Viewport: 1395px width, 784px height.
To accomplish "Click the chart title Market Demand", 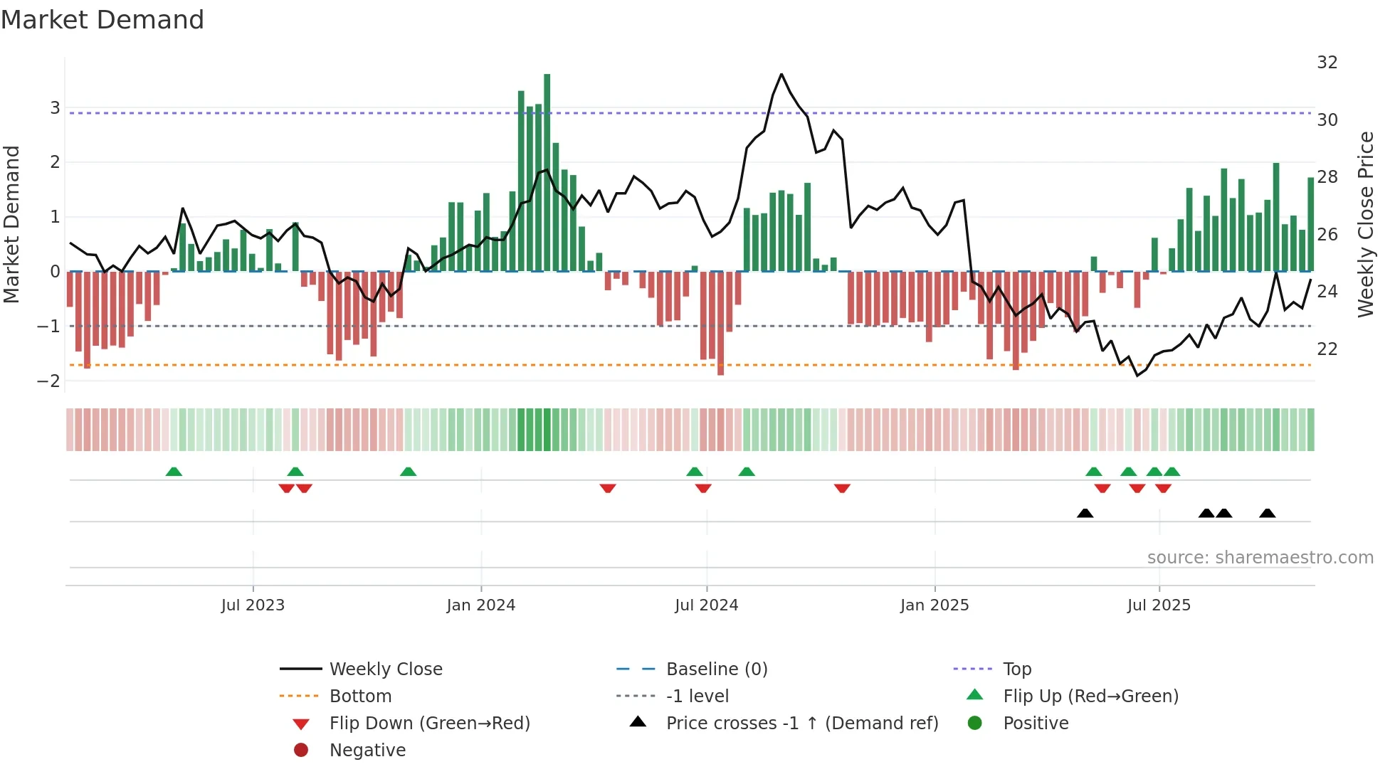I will [102, 20].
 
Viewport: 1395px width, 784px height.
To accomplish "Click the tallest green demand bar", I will [547, 171].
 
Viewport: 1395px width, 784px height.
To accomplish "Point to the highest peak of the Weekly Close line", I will [781, 75].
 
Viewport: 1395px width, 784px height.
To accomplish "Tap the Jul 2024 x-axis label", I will [706, 605].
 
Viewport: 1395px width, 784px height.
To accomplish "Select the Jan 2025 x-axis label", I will [934, 605].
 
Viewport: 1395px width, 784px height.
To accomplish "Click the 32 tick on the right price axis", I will [1327, 63].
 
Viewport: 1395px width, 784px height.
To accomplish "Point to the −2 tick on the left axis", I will [48, 381].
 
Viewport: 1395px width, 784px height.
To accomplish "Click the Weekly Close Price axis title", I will [1365, 224].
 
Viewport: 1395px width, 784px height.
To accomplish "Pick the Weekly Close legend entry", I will [385, 669].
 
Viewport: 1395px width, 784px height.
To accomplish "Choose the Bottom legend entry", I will [360, 696].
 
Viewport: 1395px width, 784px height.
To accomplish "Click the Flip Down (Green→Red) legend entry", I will [429, 724].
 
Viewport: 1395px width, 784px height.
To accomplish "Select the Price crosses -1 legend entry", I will [801, 724].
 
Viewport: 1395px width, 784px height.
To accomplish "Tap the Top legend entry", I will [1016, 669].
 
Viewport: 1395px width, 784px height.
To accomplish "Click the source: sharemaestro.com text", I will [1260, 558].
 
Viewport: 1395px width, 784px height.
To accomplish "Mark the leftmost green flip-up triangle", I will [174, 472].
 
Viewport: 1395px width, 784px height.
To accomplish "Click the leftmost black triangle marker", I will [1085, 513].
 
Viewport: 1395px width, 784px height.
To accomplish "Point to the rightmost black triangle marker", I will [1267, 513].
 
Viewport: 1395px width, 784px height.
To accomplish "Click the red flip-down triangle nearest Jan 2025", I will [842, 488].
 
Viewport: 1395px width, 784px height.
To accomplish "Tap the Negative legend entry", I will [367, 751].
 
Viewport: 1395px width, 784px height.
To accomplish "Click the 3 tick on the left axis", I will [55, 108].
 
